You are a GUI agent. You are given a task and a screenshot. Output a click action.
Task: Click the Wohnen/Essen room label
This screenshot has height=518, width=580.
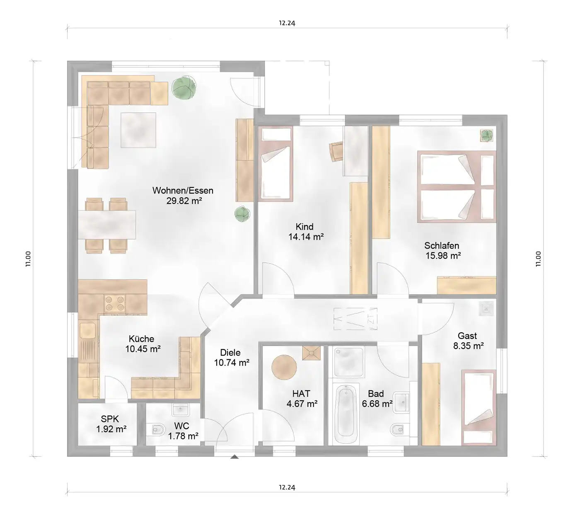coord(183,191)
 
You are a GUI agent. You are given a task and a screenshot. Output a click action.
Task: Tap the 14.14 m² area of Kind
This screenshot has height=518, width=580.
coord(306,237)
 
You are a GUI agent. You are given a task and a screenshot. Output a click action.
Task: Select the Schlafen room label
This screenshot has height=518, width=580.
coord(442,245)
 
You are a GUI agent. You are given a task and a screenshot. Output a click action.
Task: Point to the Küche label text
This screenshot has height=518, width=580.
coord(141,339)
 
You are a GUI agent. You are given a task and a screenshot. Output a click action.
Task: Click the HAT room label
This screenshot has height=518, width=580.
coord(301,393)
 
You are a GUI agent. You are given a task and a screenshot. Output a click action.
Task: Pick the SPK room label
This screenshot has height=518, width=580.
coord(110,419)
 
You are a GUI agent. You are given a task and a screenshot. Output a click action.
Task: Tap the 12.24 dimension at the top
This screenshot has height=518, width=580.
coord(287,23)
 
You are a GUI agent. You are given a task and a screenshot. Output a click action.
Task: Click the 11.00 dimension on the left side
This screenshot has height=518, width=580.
coord(28,259)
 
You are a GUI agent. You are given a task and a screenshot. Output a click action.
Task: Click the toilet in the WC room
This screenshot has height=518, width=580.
coord(158,429)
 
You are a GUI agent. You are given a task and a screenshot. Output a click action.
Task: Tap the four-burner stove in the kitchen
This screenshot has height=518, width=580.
coord(115,303)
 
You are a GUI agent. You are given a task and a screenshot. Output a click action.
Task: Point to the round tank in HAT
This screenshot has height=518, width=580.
coord(284,367)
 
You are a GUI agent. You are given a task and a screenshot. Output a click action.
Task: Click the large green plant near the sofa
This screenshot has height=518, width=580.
coord(184,87)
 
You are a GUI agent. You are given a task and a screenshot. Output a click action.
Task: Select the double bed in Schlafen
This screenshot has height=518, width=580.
coord(456,186)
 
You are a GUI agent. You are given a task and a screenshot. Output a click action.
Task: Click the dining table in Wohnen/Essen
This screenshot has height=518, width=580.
coord(107,225)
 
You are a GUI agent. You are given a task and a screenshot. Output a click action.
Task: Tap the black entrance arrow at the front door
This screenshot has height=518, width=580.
coord(234,457)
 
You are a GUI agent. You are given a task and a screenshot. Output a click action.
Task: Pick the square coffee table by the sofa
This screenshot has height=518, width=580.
coord(138,130)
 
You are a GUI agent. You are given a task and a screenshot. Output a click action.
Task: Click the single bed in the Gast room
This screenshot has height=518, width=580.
coord(479,407)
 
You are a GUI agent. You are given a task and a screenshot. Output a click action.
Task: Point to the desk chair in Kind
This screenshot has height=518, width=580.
coord(336,152)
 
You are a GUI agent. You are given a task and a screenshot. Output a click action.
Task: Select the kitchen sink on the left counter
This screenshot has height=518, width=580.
coord(87,330)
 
